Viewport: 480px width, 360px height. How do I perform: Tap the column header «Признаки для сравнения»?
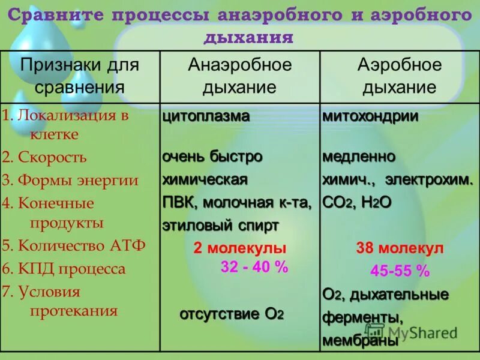(x=79, y=76)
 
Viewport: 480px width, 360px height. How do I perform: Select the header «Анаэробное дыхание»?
(x=239, y=76)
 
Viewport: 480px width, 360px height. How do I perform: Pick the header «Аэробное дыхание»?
(x=399, y=76)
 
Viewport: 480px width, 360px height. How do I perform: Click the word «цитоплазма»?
(x=206, y=116)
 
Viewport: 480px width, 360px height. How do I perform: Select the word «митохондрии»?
(x=370, y=116)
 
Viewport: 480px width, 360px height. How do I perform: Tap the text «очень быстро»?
(x=212, y=157)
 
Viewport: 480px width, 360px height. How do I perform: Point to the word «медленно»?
(x=359, y=157)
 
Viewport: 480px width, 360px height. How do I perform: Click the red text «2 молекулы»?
(x=239, y=248)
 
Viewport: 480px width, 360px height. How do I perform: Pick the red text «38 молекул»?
(x=399, y=248)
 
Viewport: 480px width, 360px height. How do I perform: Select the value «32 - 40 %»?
(x=254, y=268)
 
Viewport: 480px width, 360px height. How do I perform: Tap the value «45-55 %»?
(x=400, y=271)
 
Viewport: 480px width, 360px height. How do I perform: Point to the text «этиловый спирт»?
(x=220, y=226)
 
